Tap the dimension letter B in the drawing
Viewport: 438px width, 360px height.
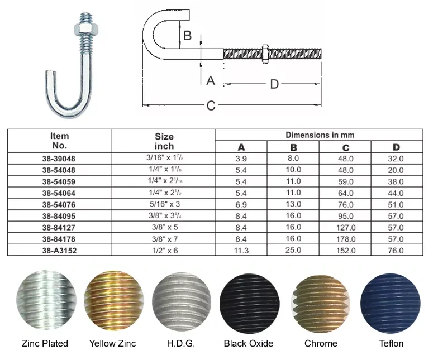tap(188, 36)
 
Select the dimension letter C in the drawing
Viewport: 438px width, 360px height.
tap(211, 105)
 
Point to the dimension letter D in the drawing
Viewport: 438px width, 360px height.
tap(274, 84)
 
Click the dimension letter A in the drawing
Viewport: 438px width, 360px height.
tap(210, 80)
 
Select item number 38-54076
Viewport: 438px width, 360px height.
tap(59, 204)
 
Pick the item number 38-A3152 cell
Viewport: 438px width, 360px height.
tap(59, 251)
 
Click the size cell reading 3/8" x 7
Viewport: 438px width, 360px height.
tap(164, 239)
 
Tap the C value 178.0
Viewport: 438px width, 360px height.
tap(345, 239)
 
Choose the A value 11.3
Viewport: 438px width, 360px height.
tap(241, 251)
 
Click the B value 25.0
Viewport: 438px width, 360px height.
tap(293, 251)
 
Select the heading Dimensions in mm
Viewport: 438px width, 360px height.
tap(320, 135)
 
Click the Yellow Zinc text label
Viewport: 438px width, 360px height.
tap(112, 343)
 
